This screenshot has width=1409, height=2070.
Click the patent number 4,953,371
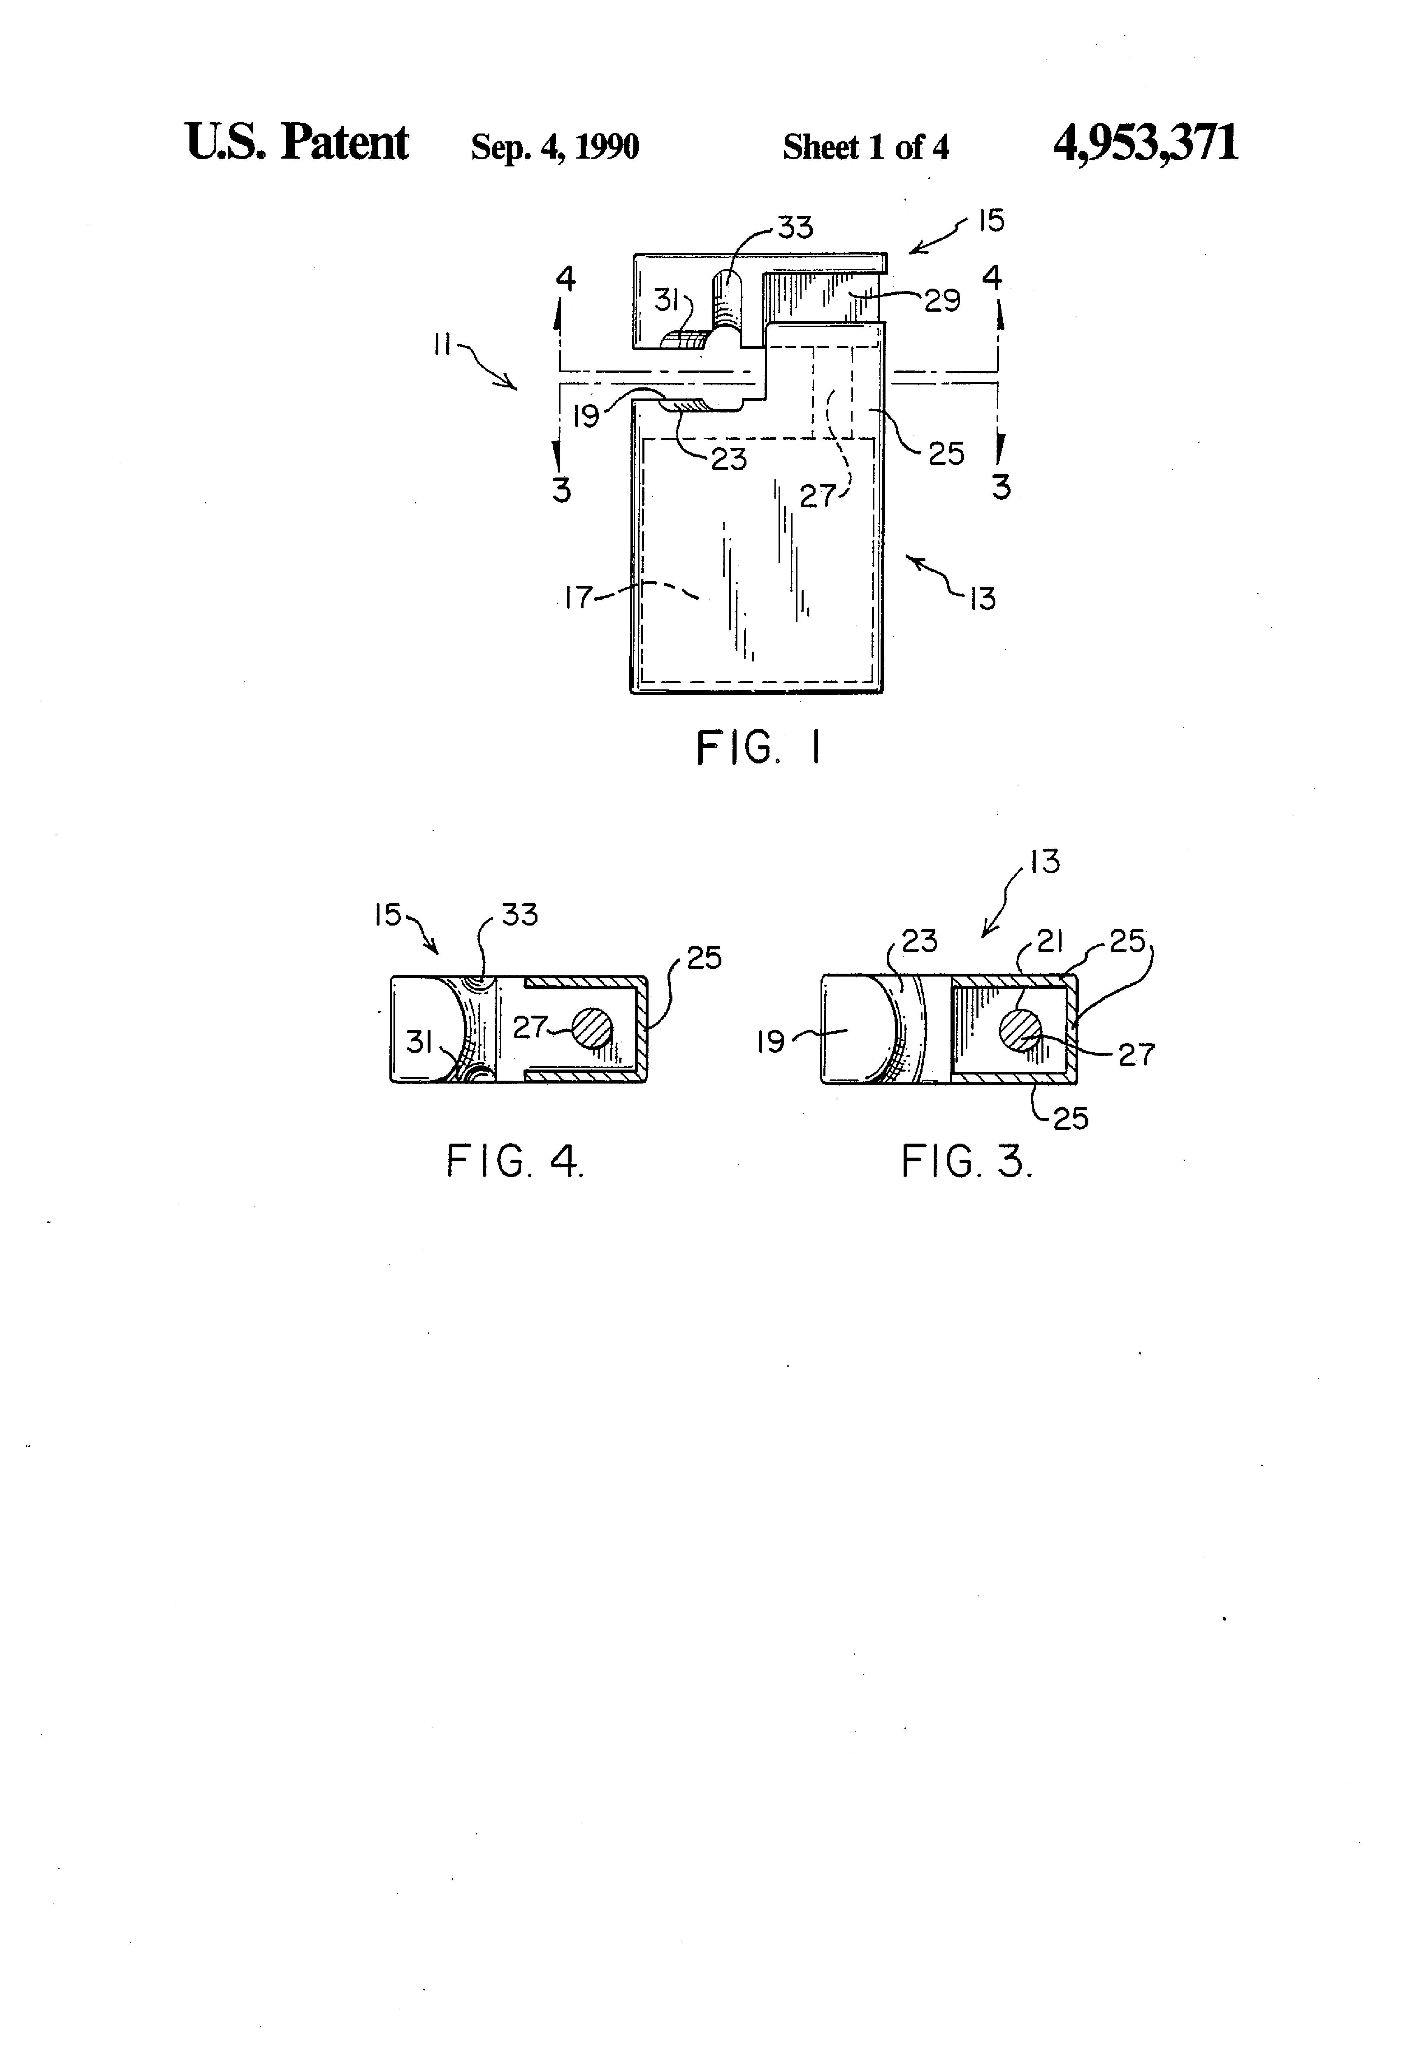click(x=1146, y=143)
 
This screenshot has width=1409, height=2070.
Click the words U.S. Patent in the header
click(x=297, y=143)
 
